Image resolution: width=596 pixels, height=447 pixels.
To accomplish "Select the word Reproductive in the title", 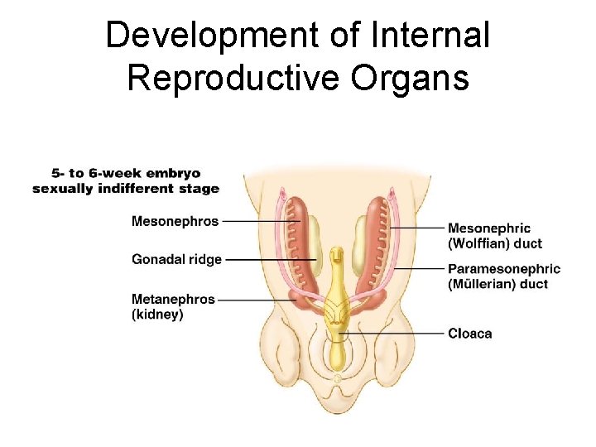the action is tap(235, 78).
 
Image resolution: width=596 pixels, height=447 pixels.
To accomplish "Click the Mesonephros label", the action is tap(175, 221).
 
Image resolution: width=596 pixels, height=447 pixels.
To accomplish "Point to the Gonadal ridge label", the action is tap(176, 259).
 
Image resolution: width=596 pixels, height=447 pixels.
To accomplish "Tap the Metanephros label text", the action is tap(173, 299).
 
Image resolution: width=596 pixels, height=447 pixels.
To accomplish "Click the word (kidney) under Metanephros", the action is tap(157, 315).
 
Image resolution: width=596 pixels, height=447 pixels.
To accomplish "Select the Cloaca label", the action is tap(469, 334).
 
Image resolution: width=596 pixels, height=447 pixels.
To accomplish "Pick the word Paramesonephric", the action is tap(503, 269).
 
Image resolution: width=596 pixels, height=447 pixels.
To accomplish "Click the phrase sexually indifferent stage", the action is tap(126, 189).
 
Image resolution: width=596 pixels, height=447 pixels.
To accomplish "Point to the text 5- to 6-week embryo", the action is tap(126, 174).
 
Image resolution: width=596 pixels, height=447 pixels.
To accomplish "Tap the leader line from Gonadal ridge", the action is tap(269, 259).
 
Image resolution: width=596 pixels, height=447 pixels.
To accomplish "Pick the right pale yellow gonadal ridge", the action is tap(361, 246).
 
